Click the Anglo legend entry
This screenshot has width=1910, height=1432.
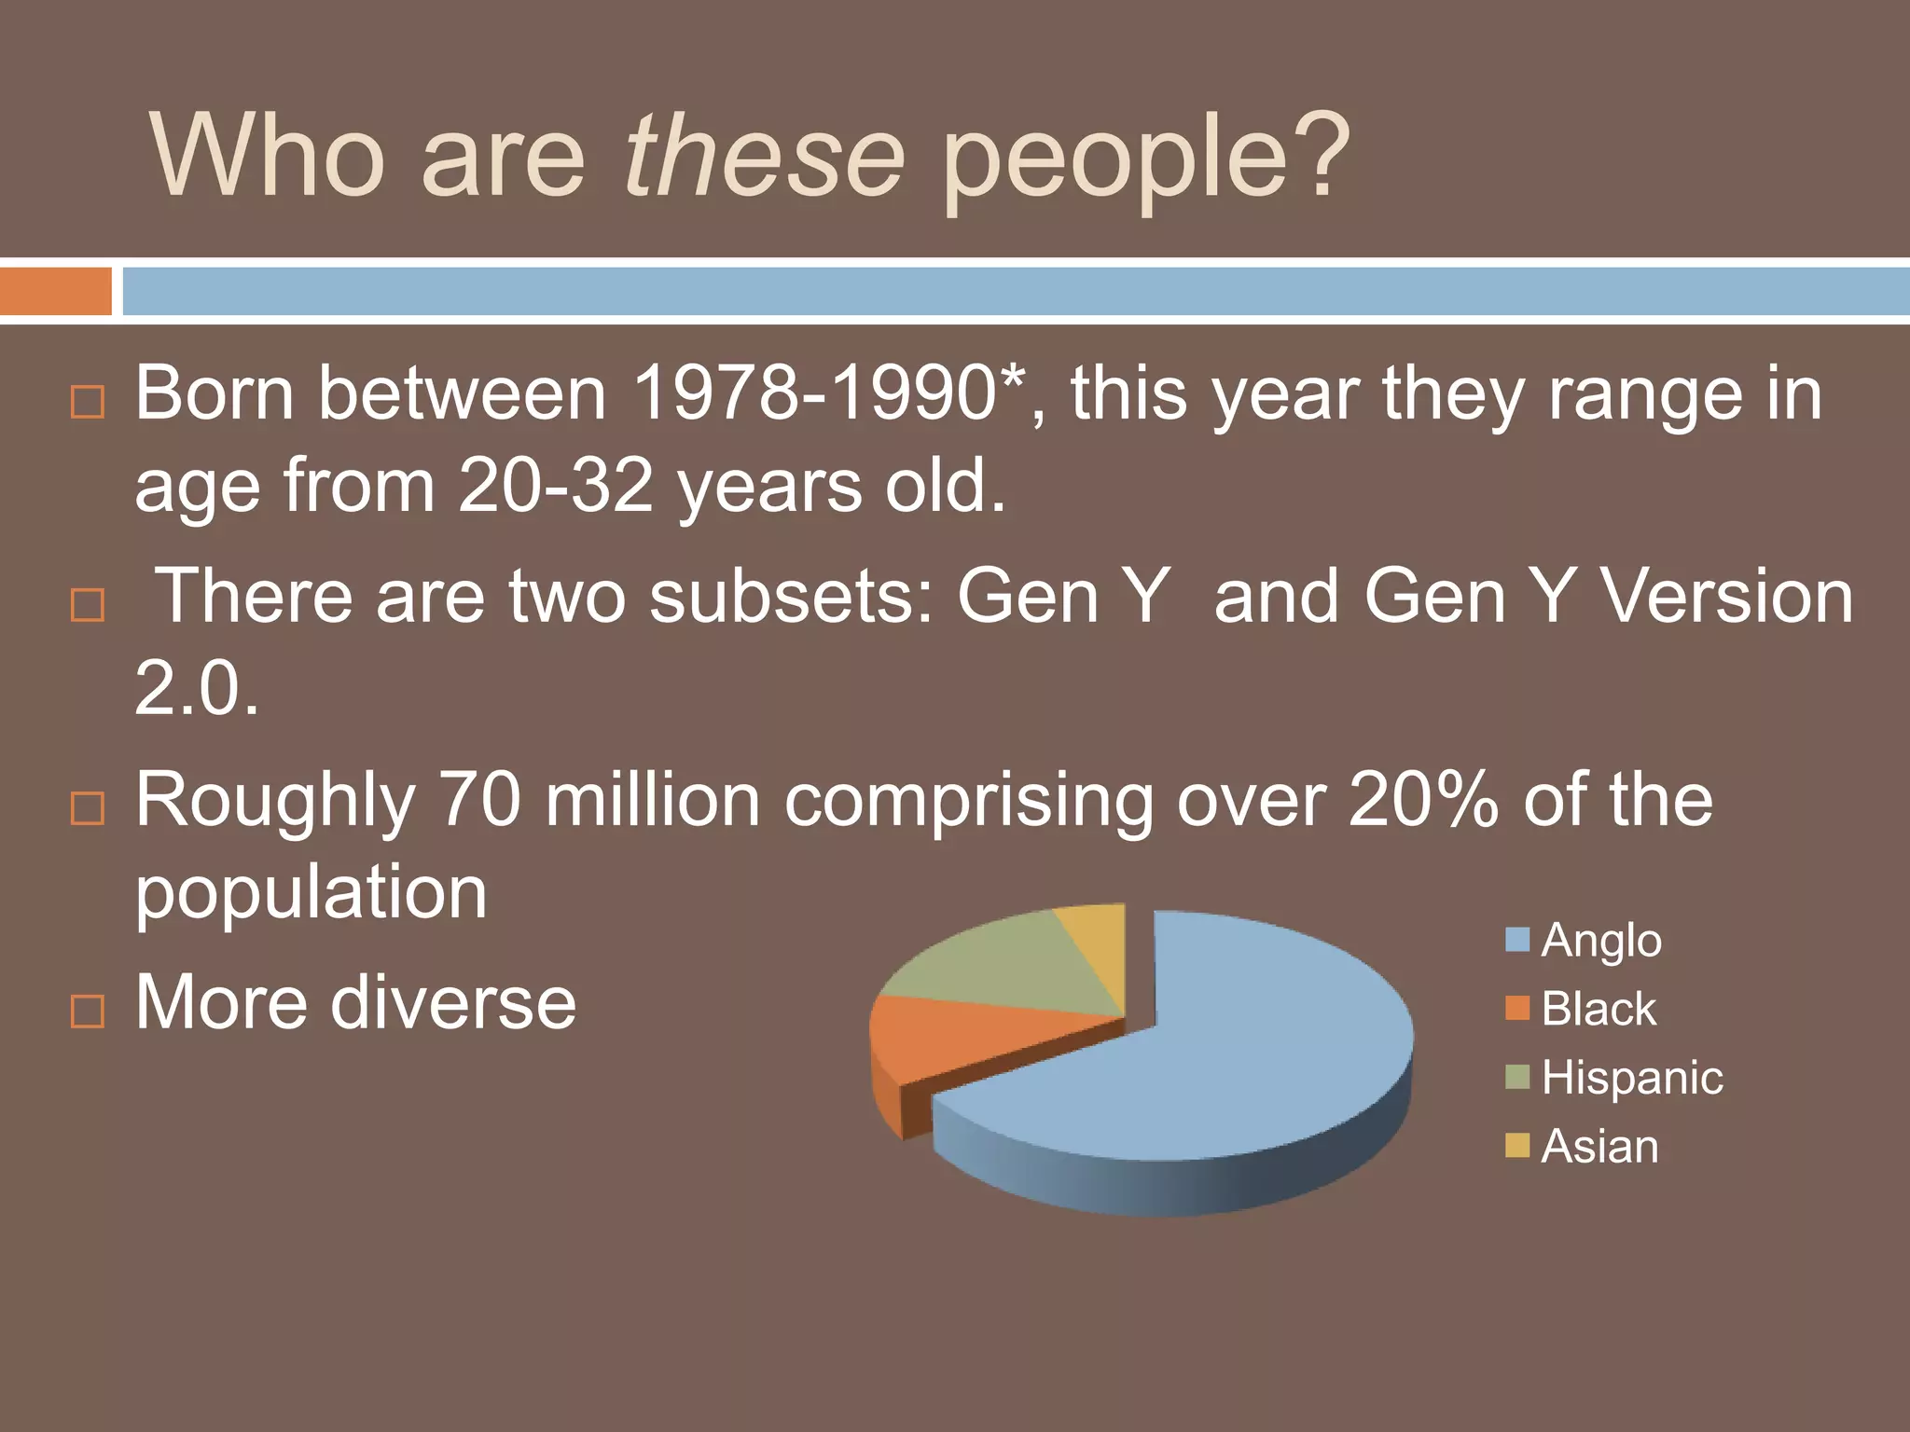pyautogui.click(x=1600, y=940)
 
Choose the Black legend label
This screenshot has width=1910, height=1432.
pyautogui.click(x=1598, y=1009)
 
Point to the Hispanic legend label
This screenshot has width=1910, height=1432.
pyautogui.click(x=1631, y=1078)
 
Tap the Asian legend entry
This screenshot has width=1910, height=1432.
pyautogui.click(x=1599, y=1146)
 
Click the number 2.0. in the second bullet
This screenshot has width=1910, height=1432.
pyautogui.click(x=196, y=688)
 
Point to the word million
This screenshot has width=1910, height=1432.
pyautogui.click(x=652, y=800)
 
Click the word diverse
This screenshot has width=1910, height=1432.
pyautogui.click(x=453, y=1003)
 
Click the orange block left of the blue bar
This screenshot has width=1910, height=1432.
pyautogui.click(x=55, y=291)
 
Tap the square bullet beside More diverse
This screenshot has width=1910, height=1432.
pyautogui.click(x=88, y=1011)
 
